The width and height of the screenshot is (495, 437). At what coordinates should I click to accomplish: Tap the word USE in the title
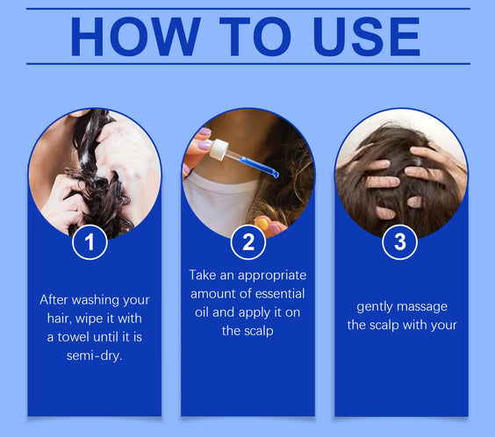click(367, 37)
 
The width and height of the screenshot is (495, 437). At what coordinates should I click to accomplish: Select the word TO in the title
click(255, 37)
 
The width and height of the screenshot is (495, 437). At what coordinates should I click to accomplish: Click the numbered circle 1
click(90, 242)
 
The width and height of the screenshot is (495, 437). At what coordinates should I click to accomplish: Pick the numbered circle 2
click(247, 242)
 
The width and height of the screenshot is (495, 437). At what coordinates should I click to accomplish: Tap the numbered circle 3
click(399, 242)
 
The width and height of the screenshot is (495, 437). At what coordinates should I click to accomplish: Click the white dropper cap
click(219, 149)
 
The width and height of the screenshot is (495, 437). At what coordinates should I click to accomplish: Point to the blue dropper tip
click(276, 174)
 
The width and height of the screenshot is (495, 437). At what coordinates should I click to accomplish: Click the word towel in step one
click(74, 337)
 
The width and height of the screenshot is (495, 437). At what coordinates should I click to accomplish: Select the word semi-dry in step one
click(94, 356)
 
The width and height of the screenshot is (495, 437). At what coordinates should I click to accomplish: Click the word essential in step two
click(280, 294)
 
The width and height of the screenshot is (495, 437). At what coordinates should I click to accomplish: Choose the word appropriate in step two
click(272, 276)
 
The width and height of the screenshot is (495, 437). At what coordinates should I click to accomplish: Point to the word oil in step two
click(201, 312)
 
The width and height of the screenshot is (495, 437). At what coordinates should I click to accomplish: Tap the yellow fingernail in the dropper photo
click(262, 224)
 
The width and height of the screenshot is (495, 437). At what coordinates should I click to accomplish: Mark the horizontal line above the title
click(248, 9)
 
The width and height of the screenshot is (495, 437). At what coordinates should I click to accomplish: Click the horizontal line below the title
click(248, 64)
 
